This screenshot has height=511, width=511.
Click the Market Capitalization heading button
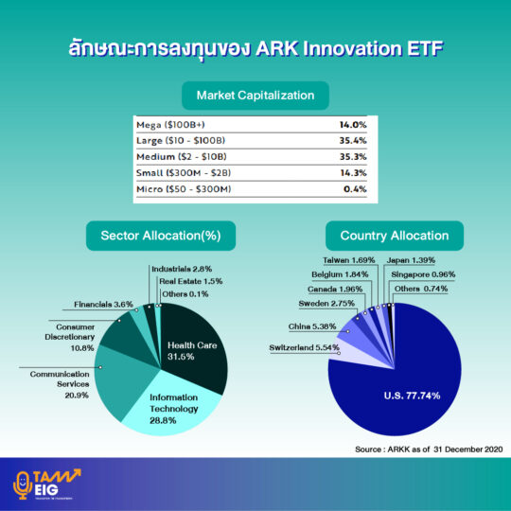[255, 96]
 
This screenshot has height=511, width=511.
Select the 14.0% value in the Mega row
[353, 125]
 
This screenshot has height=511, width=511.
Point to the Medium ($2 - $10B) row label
[181, 157]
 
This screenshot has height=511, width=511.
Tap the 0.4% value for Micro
[355, 189]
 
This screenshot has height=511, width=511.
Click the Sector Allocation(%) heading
[161, 236]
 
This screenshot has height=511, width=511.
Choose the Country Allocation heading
[395, 236]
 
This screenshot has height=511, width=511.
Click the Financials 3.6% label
[104, 305]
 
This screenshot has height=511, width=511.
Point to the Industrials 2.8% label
[182, 269]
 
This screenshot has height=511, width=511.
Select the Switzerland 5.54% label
[304, 347]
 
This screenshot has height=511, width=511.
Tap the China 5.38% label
[312, 326]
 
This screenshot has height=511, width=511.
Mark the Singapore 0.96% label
[423, 274]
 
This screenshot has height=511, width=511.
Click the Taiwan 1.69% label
[348, 260]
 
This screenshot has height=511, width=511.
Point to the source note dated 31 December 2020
[429, 449]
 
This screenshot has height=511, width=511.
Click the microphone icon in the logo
[22, 485]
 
